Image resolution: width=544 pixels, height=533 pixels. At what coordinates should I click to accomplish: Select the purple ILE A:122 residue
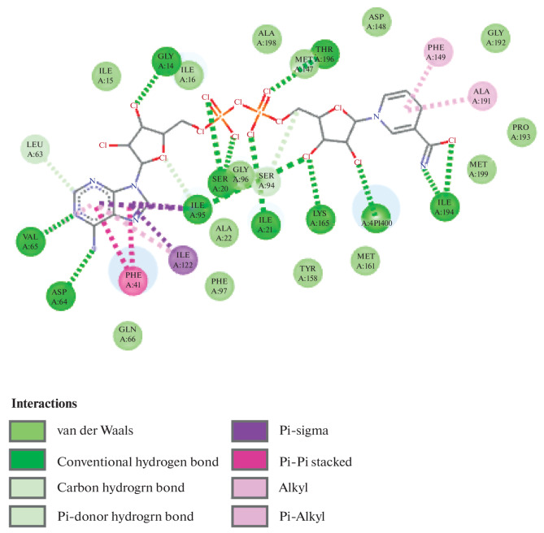pos(183,259)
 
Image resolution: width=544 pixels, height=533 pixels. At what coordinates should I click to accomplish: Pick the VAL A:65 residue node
pos(30,242)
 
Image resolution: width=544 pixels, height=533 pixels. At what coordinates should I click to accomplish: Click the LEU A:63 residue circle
pos(36,150)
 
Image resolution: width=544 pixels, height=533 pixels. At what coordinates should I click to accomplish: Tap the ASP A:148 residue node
pos(375,22)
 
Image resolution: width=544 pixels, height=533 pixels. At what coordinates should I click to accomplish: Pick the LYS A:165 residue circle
pos(320,216)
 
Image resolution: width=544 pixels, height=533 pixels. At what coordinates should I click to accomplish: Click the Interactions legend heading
pos(44,403)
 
